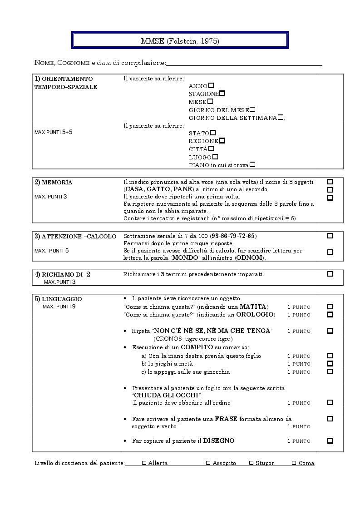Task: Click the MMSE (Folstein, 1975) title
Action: point(180,41)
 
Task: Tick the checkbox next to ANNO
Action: point(211,85)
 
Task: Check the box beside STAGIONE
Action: point(222,93)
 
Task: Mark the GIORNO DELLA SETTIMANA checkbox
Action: point(281,117)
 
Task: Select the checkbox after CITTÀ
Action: point(211,148)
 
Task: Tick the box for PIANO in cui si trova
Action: point(252,164)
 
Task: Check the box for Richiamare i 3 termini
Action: point(330,274)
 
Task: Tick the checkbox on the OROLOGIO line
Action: point(330,314)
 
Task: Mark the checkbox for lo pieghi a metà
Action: point(330,363)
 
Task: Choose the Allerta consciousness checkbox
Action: point(144,463)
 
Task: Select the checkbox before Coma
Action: point(294,463)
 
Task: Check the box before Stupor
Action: point(251,463)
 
